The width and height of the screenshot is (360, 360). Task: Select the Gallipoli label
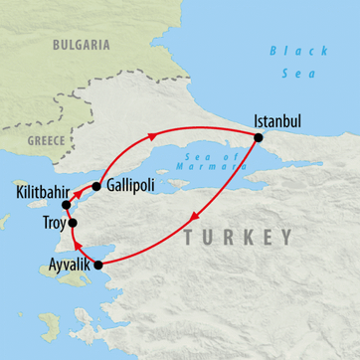(x=135, y=186)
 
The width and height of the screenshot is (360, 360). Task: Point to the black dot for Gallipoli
(x=96, y=186)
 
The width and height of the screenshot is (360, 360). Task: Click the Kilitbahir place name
(x=43, y=189)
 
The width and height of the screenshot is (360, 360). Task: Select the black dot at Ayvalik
(x=96, y=265)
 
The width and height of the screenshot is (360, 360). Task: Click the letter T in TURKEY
(x=190, y=237)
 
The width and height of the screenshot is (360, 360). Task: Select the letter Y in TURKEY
(x=285, y=237)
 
